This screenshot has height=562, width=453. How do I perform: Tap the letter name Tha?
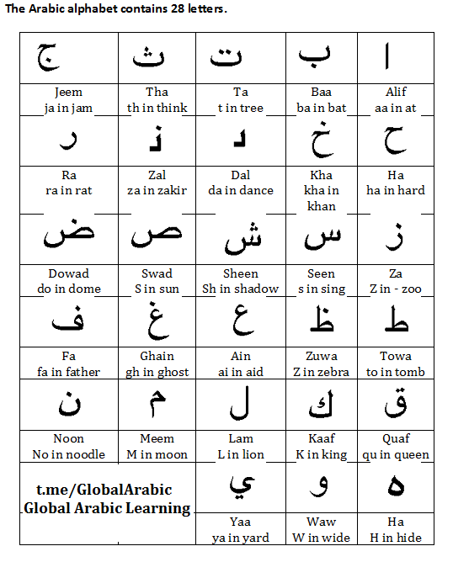click(157, 92)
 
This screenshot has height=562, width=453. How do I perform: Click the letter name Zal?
click(157, 175)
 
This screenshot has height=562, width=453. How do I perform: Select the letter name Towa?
click(395, 356)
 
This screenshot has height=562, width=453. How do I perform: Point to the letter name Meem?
click(157, 438)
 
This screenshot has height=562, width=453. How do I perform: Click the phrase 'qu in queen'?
click(395, 454)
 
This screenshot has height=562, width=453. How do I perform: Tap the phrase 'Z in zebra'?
click(321, 372)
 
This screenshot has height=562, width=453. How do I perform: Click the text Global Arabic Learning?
click(107, 508)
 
